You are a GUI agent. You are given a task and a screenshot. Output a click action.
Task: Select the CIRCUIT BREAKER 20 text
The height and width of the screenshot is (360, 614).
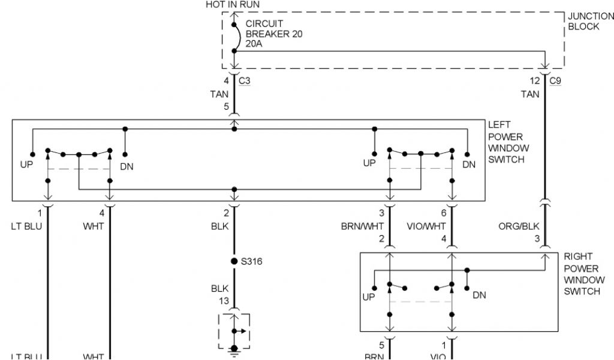[x=274, y=29]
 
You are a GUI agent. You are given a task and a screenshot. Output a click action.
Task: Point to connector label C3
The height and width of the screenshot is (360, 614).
[x=244, y=80]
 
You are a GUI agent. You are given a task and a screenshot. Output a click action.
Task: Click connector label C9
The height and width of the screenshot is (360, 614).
[x=555, y=80]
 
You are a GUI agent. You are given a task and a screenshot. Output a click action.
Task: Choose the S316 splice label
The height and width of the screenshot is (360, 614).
[x=252, y=262]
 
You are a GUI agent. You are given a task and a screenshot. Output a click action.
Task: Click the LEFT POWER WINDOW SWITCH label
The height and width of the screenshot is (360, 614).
[x=508, y=142]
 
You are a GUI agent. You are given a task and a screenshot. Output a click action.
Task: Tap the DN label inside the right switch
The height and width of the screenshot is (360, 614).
[x=479, y=295]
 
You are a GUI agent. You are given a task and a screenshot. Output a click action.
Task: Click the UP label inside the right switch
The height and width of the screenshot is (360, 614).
[x=369, y=297]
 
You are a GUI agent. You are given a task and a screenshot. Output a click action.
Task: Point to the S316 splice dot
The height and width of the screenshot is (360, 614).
[x=234, y=262]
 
